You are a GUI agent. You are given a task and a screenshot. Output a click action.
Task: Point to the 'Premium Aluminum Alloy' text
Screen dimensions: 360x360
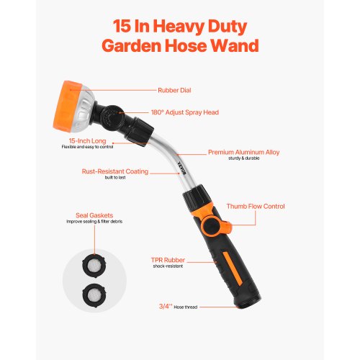pos(243,153)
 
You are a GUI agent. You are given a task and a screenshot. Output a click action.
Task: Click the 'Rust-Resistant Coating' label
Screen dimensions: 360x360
pos(114,171)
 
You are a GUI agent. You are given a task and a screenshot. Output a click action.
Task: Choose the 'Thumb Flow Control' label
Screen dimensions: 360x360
pos(256,207)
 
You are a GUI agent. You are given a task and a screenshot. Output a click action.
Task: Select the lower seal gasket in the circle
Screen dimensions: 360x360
pos(93,292)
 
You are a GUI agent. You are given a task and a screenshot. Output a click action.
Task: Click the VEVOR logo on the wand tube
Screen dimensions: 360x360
pos(181,165)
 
